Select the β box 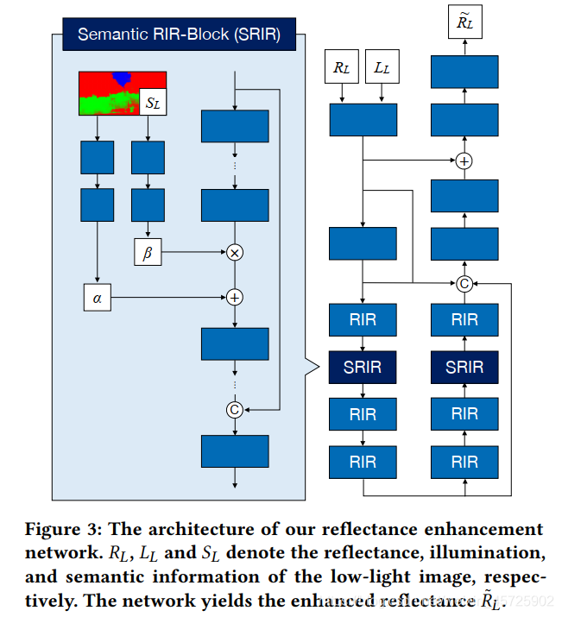click(148, 253)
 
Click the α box click(97, 297)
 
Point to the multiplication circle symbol click(234, 253)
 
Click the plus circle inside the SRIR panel click(234, 297)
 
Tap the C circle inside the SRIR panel click(234, 410)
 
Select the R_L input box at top click(340, 66)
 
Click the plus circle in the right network click(464, 161)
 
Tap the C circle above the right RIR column click(464, 282)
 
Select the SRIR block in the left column click(363, 367)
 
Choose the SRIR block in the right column click(464, 367)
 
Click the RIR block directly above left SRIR click(363, 320)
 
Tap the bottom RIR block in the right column click(464, 461)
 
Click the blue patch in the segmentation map click(123, 79)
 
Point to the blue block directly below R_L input click(363, 118)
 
